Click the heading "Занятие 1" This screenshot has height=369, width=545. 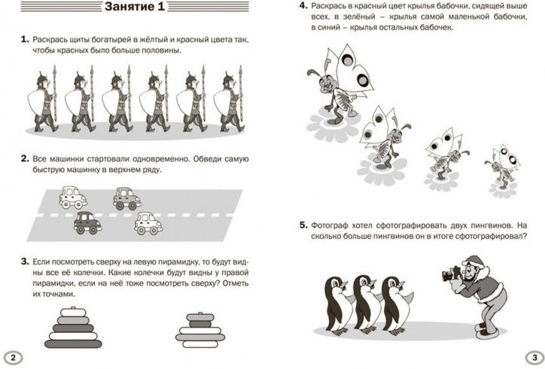tap(135, 7)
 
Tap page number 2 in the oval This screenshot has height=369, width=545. tap(13, 358)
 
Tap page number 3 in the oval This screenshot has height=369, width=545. tap(534, 357)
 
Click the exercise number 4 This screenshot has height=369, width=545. tap(303, 5)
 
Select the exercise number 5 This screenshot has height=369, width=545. tap(303, 225)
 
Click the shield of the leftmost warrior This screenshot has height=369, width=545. tap(35, 102)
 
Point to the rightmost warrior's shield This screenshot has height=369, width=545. tap(221, 102)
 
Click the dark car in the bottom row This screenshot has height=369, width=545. tap(87, 223)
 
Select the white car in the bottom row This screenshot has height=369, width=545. tap(148, 223)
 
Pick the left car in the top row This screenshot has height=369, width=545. tap(73, 198)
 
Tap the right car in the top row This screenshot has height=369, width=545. tap(127, 198)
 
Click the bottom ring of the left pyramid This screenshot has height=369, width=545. tap(73, 343)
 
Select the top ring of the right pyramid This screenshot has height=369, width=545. tap(200, 317)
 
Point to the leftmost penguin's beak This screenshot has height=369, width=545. tap(343, 285)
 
